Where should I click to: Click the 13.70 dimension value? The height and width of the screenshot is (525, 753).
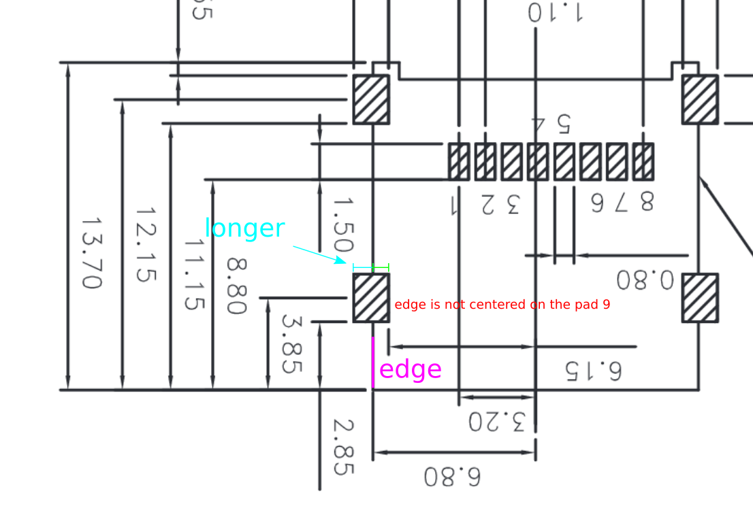coord(91,253)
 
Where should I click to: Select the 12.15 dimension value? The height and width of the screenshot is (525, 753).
coord(146,245)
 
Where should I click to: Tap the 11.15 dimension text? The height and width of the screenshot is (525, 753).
coord(194,274)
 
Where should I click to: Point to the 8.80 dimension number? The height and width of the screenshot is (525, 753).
coord(236,286)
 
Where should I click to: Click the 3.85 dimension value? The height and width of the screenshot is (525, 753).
coord(291,343)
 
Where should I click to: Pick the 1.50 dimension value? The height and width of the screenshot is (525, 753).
coord(342,226)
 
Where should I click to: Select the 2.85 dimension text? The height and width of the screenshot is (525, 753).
coord(342,447)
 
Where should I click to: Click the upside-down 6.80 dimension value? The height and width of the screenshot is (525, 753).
coord(452,476)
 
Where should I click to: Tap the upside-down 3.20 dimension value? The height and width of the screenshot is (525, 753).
coord(497,422)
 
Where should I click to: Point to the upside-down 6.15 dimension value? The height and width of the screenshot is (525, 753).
coord(593,370)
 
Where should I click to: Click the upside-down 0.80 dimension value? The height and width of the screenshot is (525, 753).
coord(645,280)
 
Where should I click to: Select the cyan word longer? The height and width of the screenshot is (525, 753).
coord(244,228)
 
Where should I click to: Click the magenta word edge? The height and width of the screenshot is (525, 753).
coord(411,369)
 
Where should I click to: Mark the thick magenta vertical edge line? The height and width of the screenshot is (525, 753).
coord(373,362)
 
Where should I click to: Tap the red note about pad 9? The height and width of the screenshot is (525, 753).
coord(502,305)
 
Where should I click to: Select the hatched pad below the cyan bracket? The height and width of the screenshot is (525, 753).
coord(371,297)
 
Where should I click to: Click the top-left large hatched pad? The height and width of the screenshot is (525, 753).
coord(371,99)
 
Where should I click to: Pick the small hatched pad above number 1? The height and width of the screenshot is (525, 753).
coord(459,161)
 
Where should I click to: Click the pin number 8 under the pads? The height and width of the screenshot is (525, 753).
coord(645,201)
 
